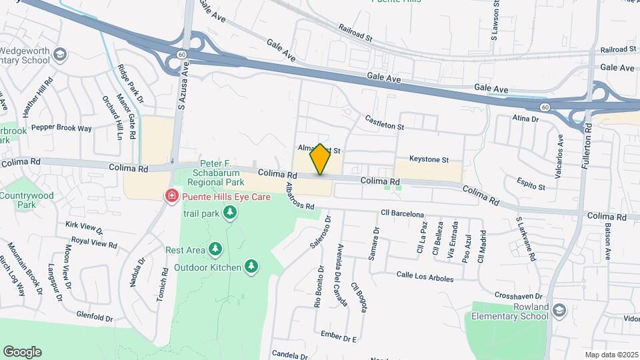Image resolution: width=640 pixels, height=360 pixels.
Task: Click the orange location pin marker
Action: tap(321, 159)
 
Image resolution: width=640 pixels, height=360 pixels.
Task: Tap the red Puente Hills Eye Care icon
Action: tap(171, 195)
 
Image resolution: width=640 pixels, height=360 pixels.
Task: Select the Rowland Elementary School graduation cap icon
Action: tap(559, 311)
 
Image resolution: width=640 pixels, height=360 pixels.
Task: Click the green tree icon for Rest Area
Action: tap(215, 249)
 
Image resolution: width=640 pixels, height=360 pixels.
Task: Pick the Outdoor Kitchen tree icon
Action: tap(251, 267)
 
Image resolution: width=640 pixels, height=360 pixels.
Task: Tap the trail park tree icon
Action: tap(230, 213)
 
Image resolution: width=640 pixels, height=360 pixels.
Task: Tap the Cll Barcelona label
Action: tap(402, 214)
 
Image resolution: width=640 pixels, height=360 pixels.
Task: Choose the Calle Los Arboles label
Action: tap(425, 277)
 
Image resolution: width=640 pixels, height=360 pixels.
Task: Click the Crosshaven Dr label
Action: tap(521, 295)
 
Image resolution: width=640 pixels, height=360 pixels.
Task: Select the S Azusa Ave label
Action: tap(180, 91)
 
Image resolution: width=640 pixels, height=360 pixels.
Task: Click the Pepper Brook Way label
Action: tap(61, 127)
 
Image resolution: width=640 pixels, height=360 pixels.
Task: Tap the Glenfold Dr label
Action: tap(94, 317)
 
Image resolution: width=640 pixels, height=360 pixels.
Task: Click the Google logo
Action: tap(22, 351)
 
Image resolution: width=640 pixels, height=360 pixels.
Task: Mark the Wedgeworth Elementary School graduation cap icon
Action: tap(61, 54)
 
